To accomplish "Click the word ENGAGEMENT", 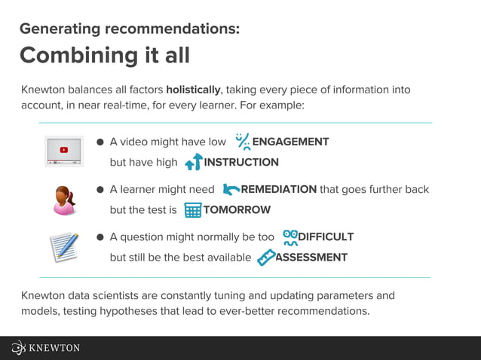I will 290,142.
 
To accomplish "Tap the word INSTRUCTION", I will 241,162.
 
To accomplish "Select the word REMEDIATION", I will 278,189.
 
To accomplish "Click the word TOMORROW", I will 237,210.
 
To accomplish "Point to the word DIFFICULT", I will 326,236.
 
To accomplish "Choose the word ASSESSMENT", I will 311,257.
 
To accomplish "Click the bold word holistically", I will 193,90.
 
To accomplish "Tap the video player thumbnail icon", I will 63,151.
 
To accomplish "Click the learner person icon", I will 64,200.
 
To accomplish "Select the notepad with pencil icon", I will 64,248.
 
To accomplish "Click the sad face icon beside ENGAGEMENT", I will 242,142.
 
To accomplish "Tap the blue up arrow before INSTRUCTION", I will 193,161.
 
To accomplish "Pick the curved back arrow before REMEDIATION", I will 231,189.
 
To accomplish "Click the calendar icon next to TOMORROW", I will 193,210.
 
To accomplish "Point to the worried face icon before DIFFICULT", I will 290,237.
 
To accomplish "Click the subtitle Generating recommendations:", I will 129,29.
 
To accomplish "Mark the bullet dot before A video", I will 100,142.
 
